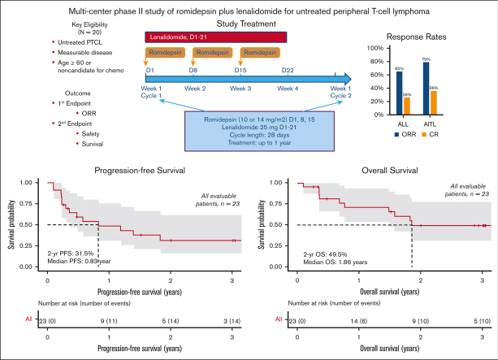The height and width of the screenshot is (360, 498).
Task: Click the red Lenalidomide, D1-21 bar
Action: pyautogui.click(x=216, y=37)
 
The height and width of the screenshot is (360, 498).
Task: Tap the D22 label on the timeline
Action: pyautogui.click(x=288, y=72)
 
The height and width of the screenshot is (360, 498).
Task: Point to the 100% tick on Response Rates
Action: pyautogui.click(x=379, y=48)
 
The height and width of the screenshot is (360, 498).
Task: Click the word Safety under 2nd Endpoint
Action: pyautogui.click(x=91, y=133)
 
